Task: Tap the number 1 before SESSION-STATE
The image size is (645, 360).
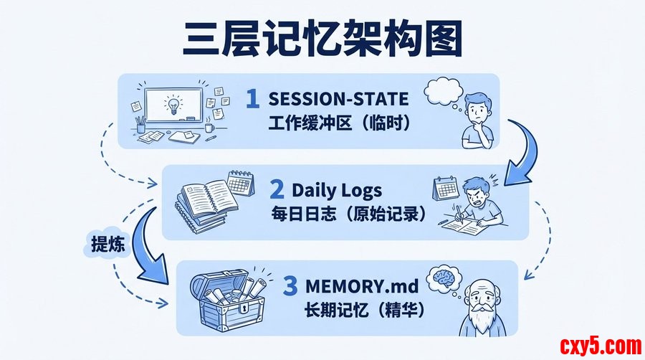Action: pyautogui.click(x=252, y=99)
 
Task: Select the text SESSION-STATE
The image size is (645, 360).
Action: pyautogui.click(x=338, y=99)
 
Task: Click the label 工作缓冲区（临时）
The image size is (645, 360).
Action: pyautogui.click(x=340, y=123)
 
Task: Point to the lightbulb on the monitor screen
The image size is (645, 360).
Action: pyautogui.click(x=173, y=105)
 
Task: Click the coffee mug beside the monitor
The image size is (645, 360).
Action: pyautogui.click(x=210, y=127)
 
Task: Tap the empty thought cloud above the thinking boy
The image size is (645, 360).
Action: pyautogui.click(x=444, y=93)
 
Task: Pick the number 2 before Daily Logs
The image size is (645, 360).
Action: pyautogui.click(x=277, y=189)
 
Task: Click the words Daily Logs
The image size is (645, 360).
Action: pyautogui.click(x=337, y=191)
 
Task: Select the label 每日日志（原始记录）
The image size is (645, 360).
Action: pyautogui.click(x=349, y=214)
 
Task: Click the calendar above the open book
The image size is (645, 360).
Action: pyautogui.click(x=241, y=183)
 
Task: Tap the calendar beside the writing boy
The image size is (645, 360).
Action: pyautogui.click(x=445, y=188)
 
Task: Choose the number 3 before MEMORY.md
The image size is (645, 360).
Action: pyautogui.click(x=290, y=286)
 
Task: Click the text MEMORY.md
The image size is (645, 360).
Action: pyautogui.click(x=362, y=286)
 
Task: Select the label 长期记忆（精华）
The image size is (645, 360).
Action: pyautogui.click(x=364, y=310)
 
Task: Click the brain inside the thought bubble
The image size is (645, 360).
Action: pyautogui.click(x=444, y=277)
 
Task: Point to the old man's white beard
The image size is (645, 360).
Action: pyautogui.click(x=480, y=317)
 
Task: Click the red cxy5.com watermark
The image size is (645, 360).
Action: pyautogui.click(x=600, y=346)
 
